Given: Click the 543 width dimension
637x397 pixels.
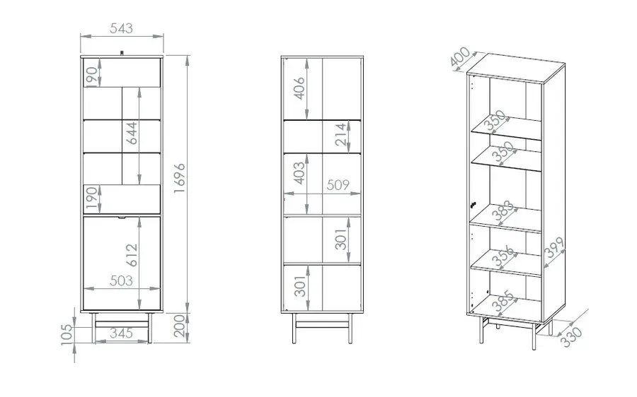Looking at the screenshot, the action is pos(122,28).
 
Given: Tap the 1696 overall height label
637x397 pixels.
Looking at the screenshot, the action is pos(179,179).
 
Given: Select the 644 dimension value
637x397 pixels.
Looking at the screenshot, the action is pos(131,133).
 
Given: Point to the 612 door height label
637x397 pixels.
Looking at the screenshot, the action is pos(131,255).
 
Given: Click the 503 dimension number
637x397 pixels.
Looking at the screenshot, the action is pos(122,280).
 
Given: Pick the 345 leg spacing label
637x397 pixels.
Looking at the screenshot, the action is pos(122,333).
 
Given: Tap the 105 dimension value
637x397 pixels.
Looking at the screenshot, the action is pos(67,335).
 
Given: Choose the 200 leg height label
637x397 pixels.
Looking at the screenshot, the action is pos(179,326).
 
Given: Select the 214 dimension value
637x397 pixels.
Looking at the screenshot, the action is pos(340,135).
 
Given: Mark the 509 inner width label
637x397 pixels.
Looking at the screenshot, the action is pos(338,185).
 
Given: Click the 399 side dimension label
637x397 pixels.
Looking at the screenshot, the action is pos(554,247).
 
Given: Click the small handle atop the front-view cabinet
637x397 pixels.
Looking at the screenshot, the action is pos(122,52).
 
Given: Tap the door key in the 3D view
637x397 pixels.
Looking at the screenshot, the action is pos(471,205).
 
